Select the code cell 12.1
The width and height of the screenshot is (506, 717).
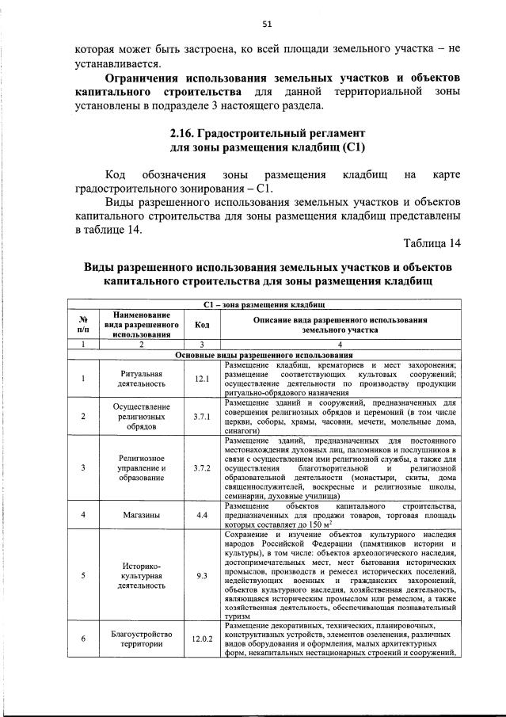click(x=202, y=378)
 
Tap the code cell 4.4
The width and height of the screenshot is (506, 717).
click(x=202, y=516)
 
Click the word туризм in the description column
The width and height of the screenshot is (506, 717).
click(x=238, y=616)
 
